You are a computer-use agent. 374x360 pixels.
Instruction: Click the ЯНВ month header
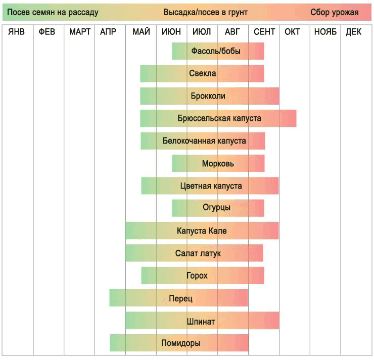tap(16, 32)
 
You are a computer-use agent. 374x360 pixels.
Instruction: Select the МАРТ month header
tap(80, 32)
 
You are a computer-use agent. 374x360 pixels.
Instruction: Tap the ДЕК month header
tap(354, 32)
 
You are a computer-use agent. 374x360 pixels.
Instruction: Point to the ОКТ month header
tap(292, 32)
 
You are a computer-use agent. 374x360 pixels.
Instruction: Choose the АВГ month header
tap(232, 32)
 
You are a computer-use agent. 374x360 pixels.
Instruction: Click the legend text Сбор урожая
tap(335, 12)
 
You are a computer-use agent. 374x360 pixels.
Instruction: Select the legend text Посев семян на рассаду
tap(53, 12)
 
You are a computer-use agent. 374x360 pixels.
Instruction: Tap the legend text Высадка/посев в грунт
tap(205, 12)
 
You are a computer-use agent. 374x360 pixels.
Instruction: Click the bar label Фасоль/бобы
tap(216, 51)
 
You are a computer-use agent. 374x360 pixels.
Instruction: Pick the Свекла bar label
tap(202, 73)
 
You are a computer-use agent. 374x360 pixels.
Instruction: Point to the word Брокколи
tap(208, 96)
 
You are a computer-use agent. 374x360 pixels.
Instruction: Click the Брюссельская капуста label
tap(219, 118)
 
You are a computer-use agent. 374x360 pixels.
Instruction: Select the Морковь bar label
tap(218, 163)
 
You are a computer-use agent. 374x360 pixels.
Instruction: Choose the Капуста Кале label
tap(202, 231)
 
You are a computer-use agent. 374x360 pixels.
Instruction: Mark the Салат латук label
tap(198, 253)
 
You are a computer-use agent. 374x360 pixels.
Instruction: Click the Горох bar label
tap(197, 276)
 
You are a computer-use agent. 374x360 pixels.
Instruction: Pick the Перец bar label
tap(180, 298)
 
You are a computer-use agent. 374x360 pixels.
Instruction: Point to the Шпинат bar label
tap(201, 321)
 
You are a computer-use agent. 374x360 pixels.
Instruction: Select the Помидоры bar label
tap(180, 343)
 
